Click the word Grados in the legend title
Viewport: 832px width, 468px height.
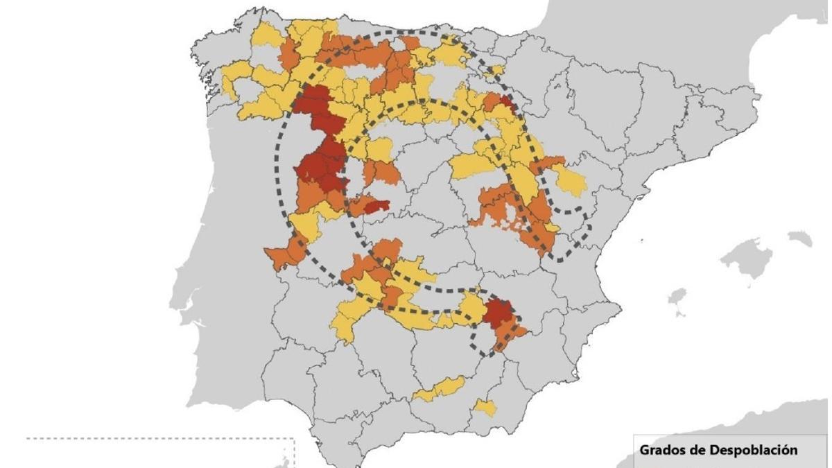pyautogui.click(x=662, y=451)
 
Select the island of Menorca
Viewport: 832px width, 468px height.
pyautogui.click(x=800, y=239)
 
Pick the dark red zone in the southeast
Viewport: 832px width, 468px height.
pyautogui.click(x=496, y=311)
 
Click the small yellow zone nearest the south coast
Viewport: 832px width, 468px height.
pyautogui.click(x=485, y=407)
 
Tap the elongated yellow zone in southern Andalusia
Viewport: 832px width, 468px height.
pyautogui.click(x=440, y=389)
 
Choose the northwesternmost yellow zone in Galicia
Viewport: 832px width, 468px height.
pyautogui.click(x=265, y=35)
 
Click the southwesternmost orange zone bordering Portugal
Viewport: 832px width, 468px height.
pyautogui.click(x=284, y=254)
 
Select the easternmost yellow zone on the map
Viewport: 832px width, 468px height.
pyautogui.click(x=572, y=182)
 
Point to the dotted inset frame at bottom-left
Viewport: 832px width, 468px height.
pyautogui.click(x=159, y=439)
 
